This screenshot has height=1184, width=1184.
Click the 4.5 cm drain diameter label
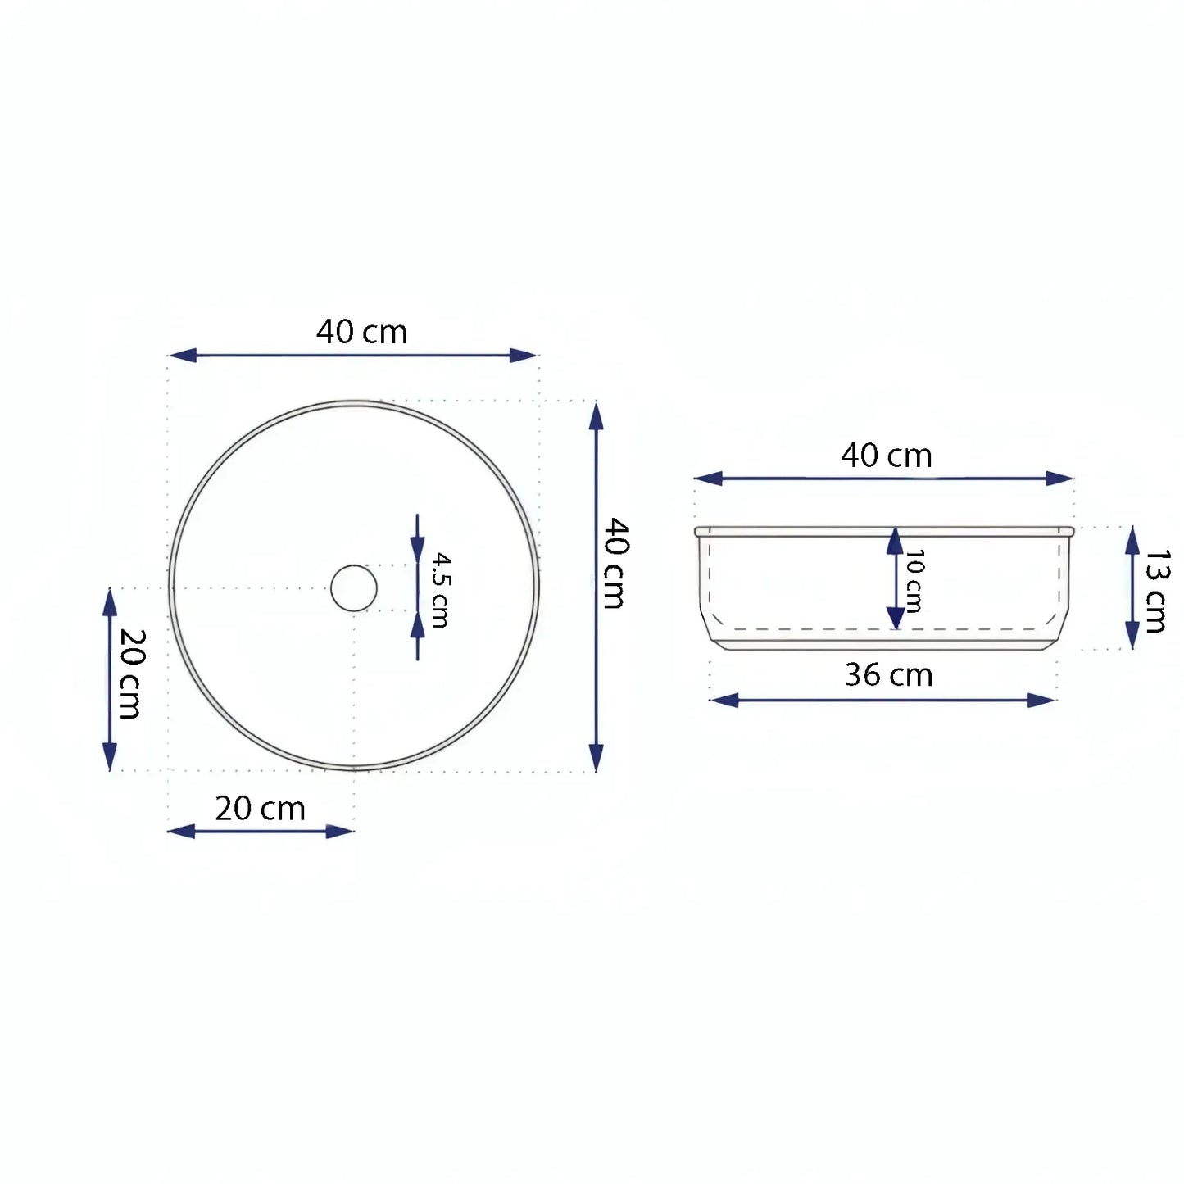tap(441, 590)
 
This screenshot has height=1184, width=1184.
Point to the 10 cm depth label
tap(914, 580)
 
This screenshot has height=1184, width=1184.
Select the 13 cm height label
tap(1156, 590)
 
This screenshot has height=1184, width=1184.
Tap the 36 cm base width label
tap(889, 675)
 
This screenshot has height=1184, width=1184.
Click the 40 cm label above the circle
tap(362, 332)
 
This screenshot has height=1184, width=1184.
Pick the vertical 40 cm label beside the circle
tap(616, 563)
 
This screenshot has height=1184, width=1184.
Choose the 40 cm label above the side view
tap(887, 456)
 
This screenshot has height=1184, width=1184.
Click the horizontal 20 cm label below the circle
tap(261, 809)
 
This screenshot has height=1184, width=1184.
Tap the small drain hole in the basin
tap(354, 588)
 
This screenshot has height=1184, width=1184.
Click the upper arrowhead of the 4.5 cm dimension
tap(418, 550)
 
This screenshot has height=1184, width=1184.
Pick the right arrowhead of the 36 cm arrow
tap(1041, 700)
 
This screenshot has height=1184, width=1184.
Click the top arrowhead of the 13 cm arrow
tap(1132, 540)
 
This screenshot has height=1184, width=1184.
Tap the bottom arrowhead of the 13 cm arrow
tap(1132, 635)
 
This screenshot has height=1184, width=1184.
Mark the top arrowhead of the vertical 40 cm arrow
tap(597, 417)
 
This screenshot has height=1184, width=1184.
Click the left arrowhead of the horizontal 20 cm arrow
tap(182, 832)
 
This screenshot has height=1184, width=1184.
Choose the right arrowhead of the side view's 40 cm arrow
tap(1059, 479)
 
